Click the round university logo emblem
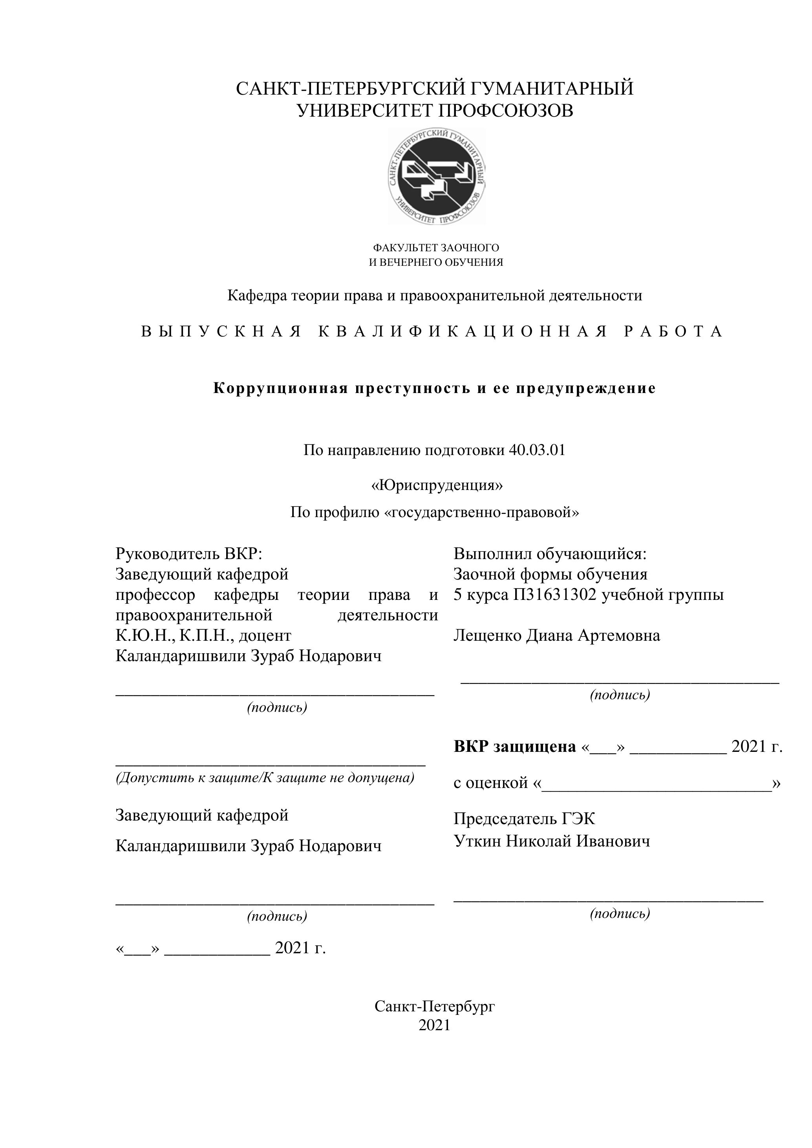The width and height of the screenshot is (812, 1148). (x=437, y=176)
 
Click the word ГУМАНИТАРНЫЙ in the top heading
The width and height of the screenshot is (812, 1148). (x=552, y=88)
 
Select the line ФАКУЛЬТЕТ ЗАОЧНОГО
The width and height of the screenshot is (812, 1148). (x=436, y=247)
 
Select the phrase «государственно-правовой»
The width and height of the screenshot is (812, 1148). (x=483, y=512)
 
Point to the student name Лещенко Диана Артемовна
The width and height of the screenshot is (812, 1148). (x=556, y=636)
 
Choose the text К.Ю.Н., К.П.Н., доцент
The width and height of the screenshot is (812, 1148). (x=203, y=636)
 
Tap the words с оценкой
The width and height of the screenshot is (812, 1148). (x=490, y=782)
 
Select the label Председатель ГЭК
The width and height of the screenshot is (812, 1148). (x=524, y=819)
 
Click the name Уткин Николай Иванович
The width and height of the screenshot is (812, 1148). (x=552, y=841)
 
